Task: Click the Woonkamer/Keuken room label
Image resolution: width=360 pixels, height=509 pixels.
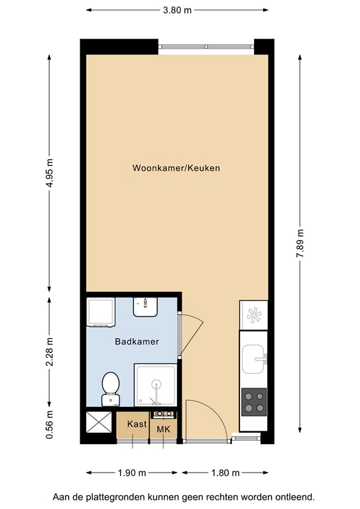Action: [x=176, y=168]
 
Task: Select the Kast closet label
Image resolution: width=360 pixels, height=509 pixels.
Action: [x=137, y=424]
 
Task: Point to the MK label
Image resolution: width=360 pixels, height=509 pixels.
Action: [x=163, y=429]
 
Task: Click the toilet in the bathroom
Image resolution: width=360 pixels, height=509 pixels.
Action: [x=111, y=388]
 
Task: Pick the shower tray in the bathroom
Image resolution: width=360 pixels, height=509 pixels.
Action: [x=156, y=384]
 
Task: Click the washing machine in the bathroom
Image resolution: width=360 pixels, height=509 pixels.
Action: [x=101, y=312]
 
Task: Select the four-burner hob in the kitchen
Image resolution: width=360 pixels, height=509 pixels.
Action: [x=254, y=400]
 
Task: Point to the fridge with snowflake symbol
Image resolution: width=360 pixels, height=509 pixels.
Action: [x=253, y=315]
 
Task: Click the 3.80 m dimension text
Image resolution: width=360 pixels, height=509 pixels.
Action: [x=177, y=10]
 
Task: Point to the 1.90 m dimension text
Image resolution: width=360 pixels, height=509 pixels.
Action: [x=132, y=473]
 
